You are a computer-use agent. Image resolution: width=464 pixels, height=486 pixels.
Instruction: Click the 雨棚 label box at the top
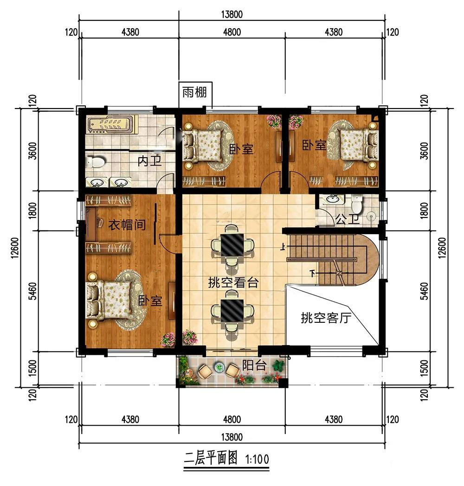(x=194, y=92)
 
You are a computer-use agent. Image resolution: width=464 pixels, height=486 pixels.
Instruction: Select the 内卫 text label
(x=150, y=161)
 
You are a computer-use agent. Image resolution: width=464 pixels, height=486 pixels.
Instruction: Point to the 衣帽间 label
(x=127, y=224)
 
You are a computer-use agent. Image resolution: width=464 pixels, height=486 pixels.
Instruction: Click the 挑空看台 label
(x=233, y=282)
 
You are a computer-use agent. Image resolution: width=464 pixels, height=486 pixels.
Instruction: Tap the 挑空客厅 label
(x=326, y=318)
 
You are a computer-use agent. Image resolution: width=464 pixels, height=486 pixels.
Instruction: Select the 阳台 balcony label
(x=254, y=365)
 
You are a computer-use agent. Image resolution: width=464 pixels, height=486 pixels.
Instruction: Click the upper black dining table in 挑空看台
(x=232, y=245)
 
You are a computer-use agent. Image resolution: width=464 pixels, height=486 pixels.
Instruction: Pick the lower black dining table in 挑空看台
(x=232, y=310)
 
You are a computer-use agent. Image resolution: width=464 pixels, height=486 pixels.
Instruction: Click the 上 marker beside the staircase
(x=283, y=247)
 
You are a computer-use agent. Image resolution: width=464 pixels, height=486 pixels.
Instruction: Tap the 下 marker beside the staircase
(x=313, y=274)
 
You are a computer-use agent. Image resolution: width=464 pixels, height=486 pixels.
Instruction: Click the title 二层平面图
(x=211, y=459)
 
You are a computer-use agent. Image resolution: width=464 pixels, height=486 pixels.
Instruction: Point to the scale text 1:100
(x=257, y=459)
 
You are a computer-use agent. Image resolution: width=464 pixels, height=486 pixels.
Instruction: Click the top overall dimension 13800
(x=232, y=14)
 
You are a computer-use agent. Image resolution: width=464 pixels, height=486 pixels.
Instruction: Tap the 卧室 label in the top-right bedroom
(x=314, y=145)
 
